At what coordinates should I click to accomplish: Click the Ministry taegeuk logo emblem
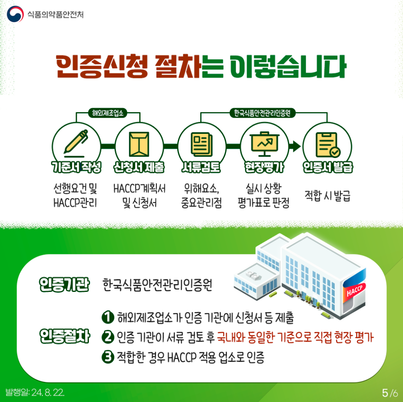(x=15, y=14)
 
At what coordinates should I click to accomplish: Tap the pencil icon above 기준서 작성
(x=76, y=143)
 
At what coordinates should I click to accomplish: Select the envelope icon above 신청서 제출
(x=139, y=144)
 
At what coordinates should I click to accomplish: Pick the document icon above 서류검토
(x=202, y=144)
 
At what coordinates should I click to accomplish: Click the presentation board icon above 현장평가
(x=265, y=144)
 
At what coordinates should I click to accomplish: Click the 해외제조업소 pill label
(x=108, y=113)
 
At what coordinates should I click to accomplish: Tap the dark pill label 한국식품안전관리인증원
(x=262, y=113)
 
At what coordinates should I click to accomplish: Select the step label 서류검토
(x=201, y=167)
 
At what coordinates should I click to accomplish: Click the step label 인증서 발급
(x=327, y=167)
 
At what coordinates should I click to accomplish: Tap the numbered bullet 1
(x=108, y=317)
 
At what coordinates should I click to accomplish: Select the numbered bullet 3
(x=108, y=357)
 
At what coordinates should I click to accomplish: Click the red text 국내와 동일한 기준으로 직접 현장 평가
(x=295, y=337)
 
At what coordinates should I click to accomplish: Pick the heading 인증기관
(x=64, y=284)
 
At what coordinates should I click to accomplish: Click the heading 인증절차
(x=65, y=336)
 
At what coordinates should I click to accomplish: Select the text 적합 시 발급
(x=327, y=196)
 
